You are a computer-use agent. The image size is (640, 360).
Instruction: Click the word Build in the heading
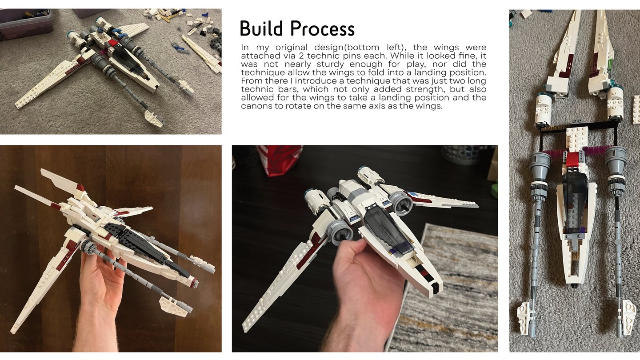coord(261,28)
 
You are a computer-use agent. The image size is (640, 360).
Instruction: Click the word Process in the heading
coord(322,29)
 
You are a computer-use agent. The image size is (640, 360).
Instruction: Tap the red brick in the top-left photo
coord(112,43)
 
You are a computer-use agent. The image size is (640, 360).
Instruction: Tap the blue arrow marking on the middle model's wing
coord(414,194)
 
